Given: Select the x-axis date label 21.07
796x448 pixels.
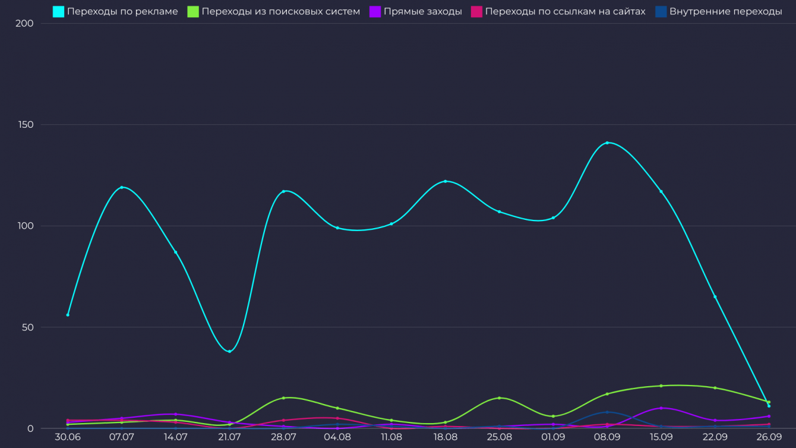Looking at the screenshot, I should click(x=229, y=437).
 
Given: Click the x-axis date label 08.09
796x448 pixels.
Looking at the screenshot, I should click(x=607, y=437).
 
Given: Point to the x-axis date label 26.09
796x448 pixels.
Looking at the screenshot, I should click(x=769, y=437).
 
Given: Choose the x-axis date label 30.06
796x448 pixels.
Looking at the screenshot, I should click(x=68, y=437).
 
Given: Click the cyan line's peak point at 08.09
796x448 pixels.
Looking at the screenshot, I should click(x=607, y=143).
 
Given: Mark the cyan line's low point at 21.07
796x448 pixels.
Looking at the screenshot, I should click(x=229, y=351).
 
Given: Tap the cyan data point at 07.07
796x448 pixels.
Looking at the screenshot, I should click(x=122, y=187).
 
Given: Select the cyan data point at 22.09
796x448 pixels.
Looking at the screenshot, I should click(x=715, y=296).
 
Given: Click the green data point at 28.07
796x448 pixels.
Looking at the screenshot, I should click(x=283, y=398).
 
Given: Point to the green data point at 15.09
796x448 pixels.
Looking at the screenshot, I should click(x=661, y=386).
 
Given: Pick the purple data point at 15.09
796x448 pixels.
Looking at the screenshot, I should click(x=661, y=408).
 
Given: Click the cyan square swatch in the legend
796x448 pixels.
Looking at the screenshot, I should click(x=58, y=11).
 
